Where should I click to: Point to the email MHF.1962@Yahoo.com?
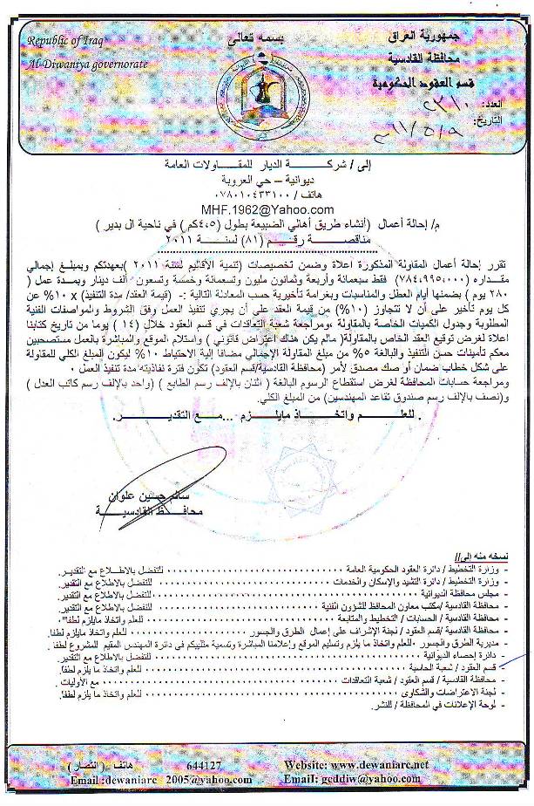click(x=267, y=209)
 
